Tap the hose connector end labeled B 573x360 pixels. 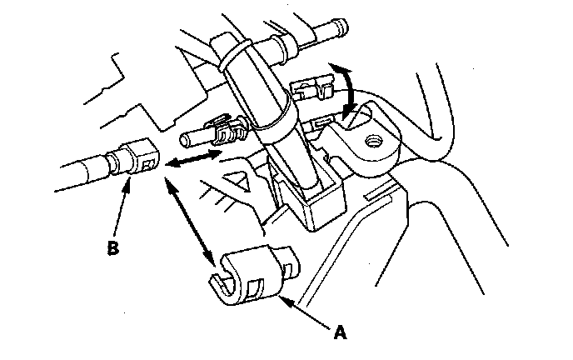click(x=137, y=157)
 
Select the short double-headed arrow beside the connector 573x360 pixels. click(x=192, y=159)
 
